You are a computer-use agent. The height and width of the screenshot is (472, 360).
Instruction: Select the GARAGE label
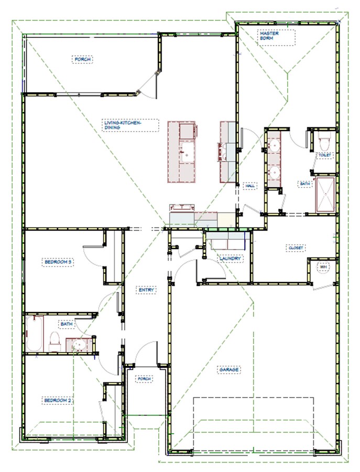click(x=229, y=370)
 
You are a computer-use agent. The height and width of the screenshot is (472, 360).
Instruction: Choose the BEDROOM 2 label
click(x=57, y=400)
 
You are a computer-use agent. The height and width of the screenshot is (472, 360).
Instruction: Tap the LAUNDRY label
click(x=230, y=259)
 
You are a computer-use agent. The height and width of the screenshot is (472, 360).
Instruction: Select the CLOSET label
click(x=296, y=248)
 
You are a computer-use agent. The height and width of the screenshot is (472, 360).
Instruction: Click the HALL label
click(x=250, y=186)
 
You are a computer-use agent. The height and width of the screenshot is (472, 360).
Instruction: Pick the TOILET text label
click(x=324, y=156)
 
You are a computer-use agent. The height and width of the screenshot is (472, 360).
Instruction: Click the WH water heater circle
click(x=323, y=267)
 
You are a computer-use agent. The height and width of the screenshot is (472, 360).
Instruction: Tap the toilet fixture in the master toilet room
click(x=323, y=142)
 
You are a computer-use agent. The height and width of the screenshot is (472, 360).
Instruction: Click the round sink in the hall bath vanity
click(x=79, y=345)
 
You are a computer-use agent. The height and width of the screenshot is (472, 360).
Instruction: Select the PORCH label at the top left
click(x=83, y=59)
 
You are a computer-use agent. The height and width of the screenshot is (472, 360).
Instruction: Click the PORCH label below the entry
click(x=144, y=379)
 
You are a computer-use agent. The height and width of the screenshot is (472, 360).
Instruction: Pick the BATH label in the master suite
click(x=304, y=184)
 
